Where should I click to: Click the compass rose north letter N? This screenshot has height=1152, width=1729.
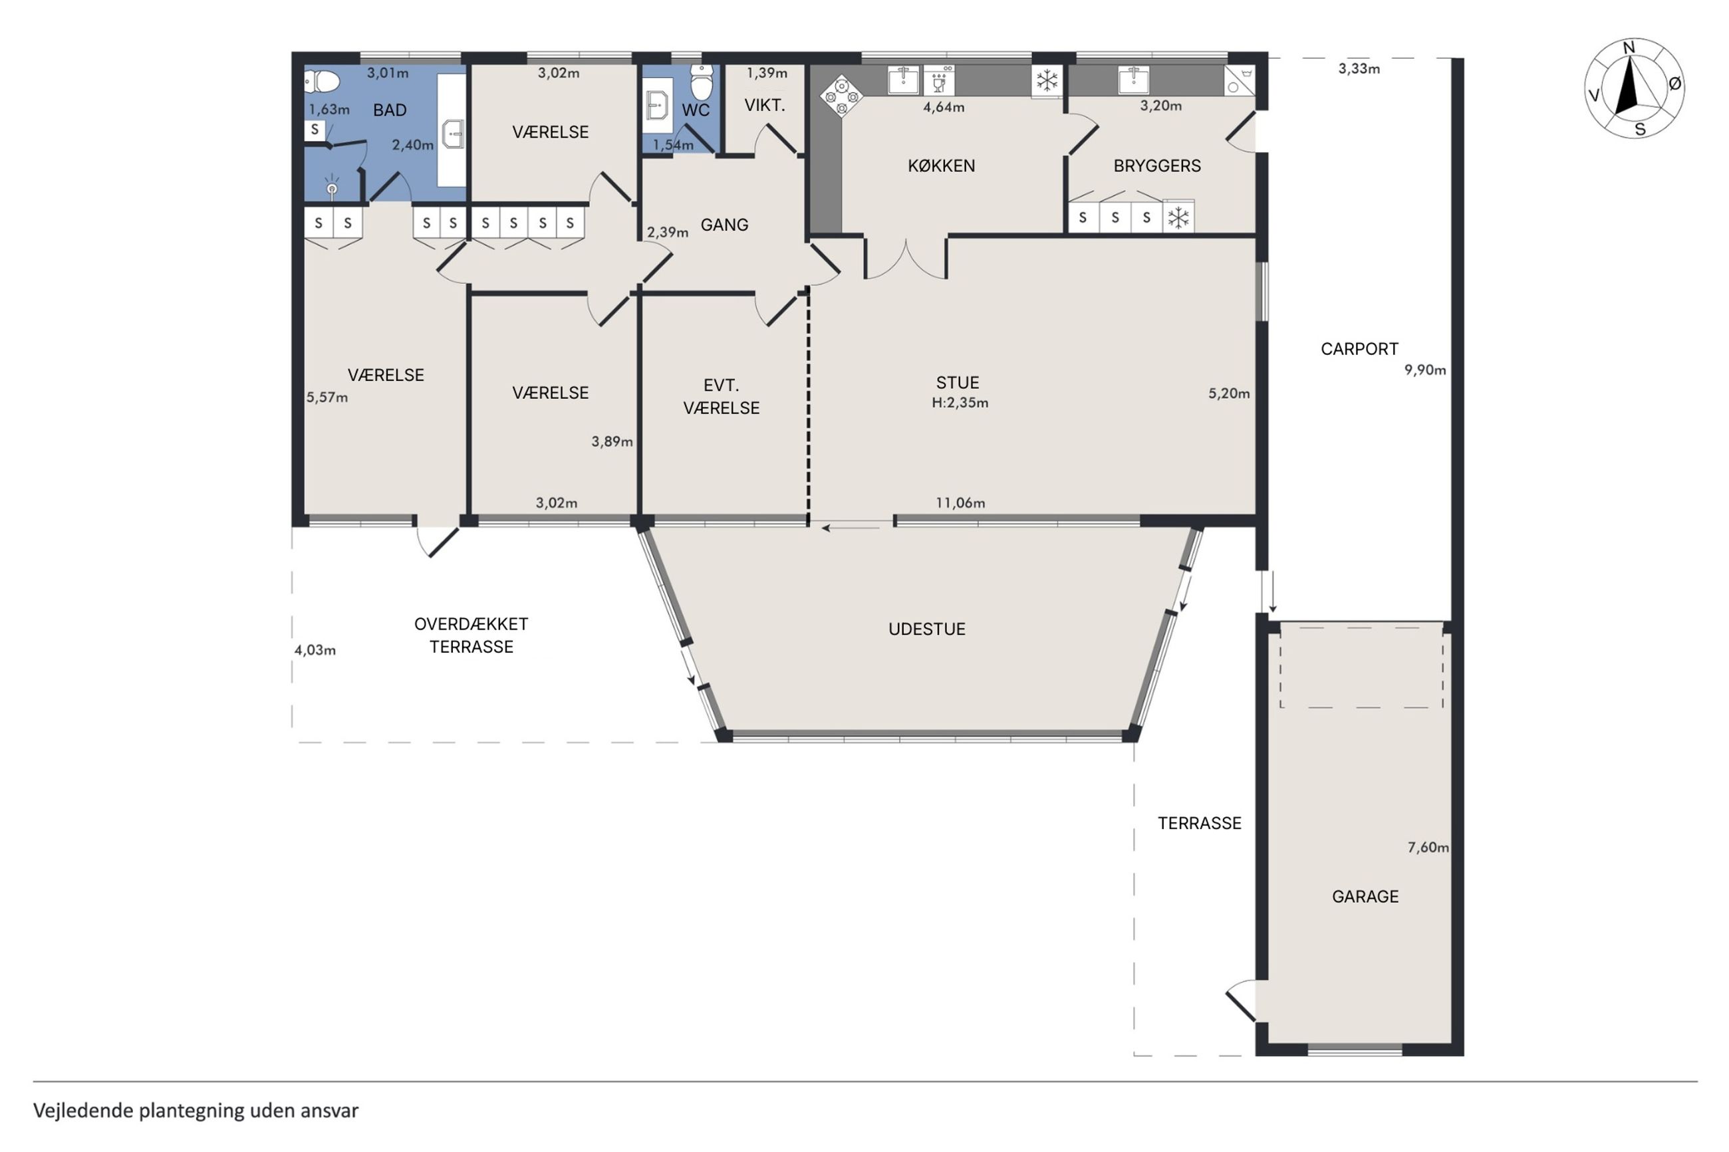coord(1629,48)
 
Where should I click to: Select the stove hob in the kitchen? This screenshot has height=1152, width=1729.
coord(841,96)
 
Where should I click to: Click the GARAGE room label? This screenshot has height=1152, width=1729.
coord(1365,896)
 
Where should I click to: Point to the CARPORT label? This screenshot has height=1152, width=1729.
coord(1359,349)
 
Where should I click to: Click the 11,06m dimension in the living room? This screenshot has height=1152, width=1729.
coord(960,503)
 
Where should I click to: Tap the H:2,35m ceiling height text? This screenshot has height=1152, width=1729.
coord(960,403)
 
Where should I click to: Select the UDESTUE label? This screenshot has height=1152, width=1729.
coord(926,629)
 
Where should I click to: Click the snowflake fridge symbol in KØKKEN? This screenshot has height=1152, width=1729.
coord(1046,80)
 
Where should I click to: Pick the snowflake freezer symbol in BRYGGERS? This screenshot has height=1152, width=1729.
coord(1178,217)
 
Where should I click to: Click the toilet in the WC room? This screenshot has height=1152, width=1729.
coord(702,82)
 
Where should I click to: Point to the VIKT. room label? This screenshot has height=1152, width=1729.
coord(764,105)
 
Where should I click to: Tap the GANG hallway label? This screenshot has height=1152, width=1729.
coord(724,225)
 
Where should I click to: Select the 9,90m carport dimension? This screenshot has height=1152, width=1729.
coord(1425,370)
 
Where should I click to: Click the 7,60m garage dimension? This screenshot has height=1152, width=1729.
coord(1428,848)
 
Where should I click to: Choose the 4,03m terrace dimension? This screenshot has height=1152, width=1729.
coord(315,650)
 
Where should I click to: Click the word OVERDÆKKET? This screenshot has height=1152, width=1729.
coord(471,624)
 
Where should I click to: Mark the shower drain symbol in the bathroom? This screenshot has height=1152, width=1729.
coord(332,189)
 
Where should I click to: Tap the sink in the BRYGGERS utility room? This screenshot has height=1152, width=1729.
coord(1133,80)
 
